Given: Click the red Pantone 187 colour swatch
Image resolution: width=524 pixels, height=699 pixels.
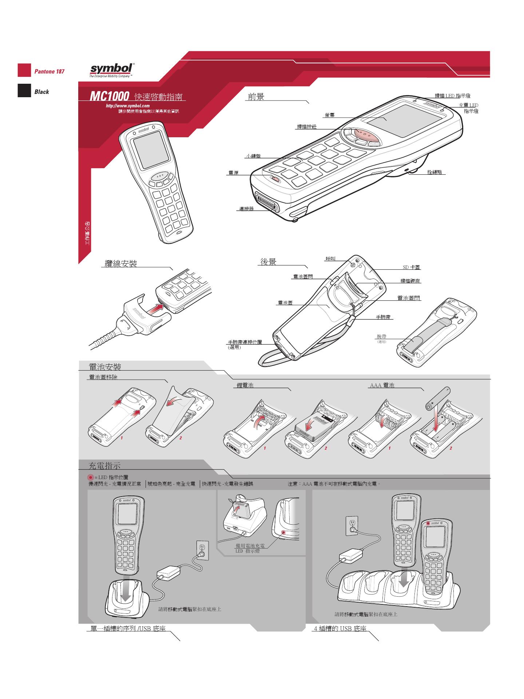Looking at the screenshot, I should click(24, 71).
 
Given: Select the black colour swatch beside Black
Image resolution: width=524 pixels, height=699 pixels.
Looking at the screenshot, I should click(24, 91).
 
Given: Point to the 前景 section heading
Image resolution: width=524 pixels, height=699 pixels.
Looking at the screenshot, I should click(256, 96).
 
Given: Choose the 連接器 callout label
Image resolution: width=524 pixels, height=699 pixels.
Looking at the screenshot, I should click(246, 209).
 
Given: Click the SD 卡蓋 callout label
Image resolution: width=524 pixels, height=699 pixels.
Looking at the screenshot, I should click(411, 267).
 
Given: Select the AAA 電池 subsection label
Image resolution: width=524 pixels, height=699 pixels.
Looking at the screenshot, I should click(382, 385).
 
